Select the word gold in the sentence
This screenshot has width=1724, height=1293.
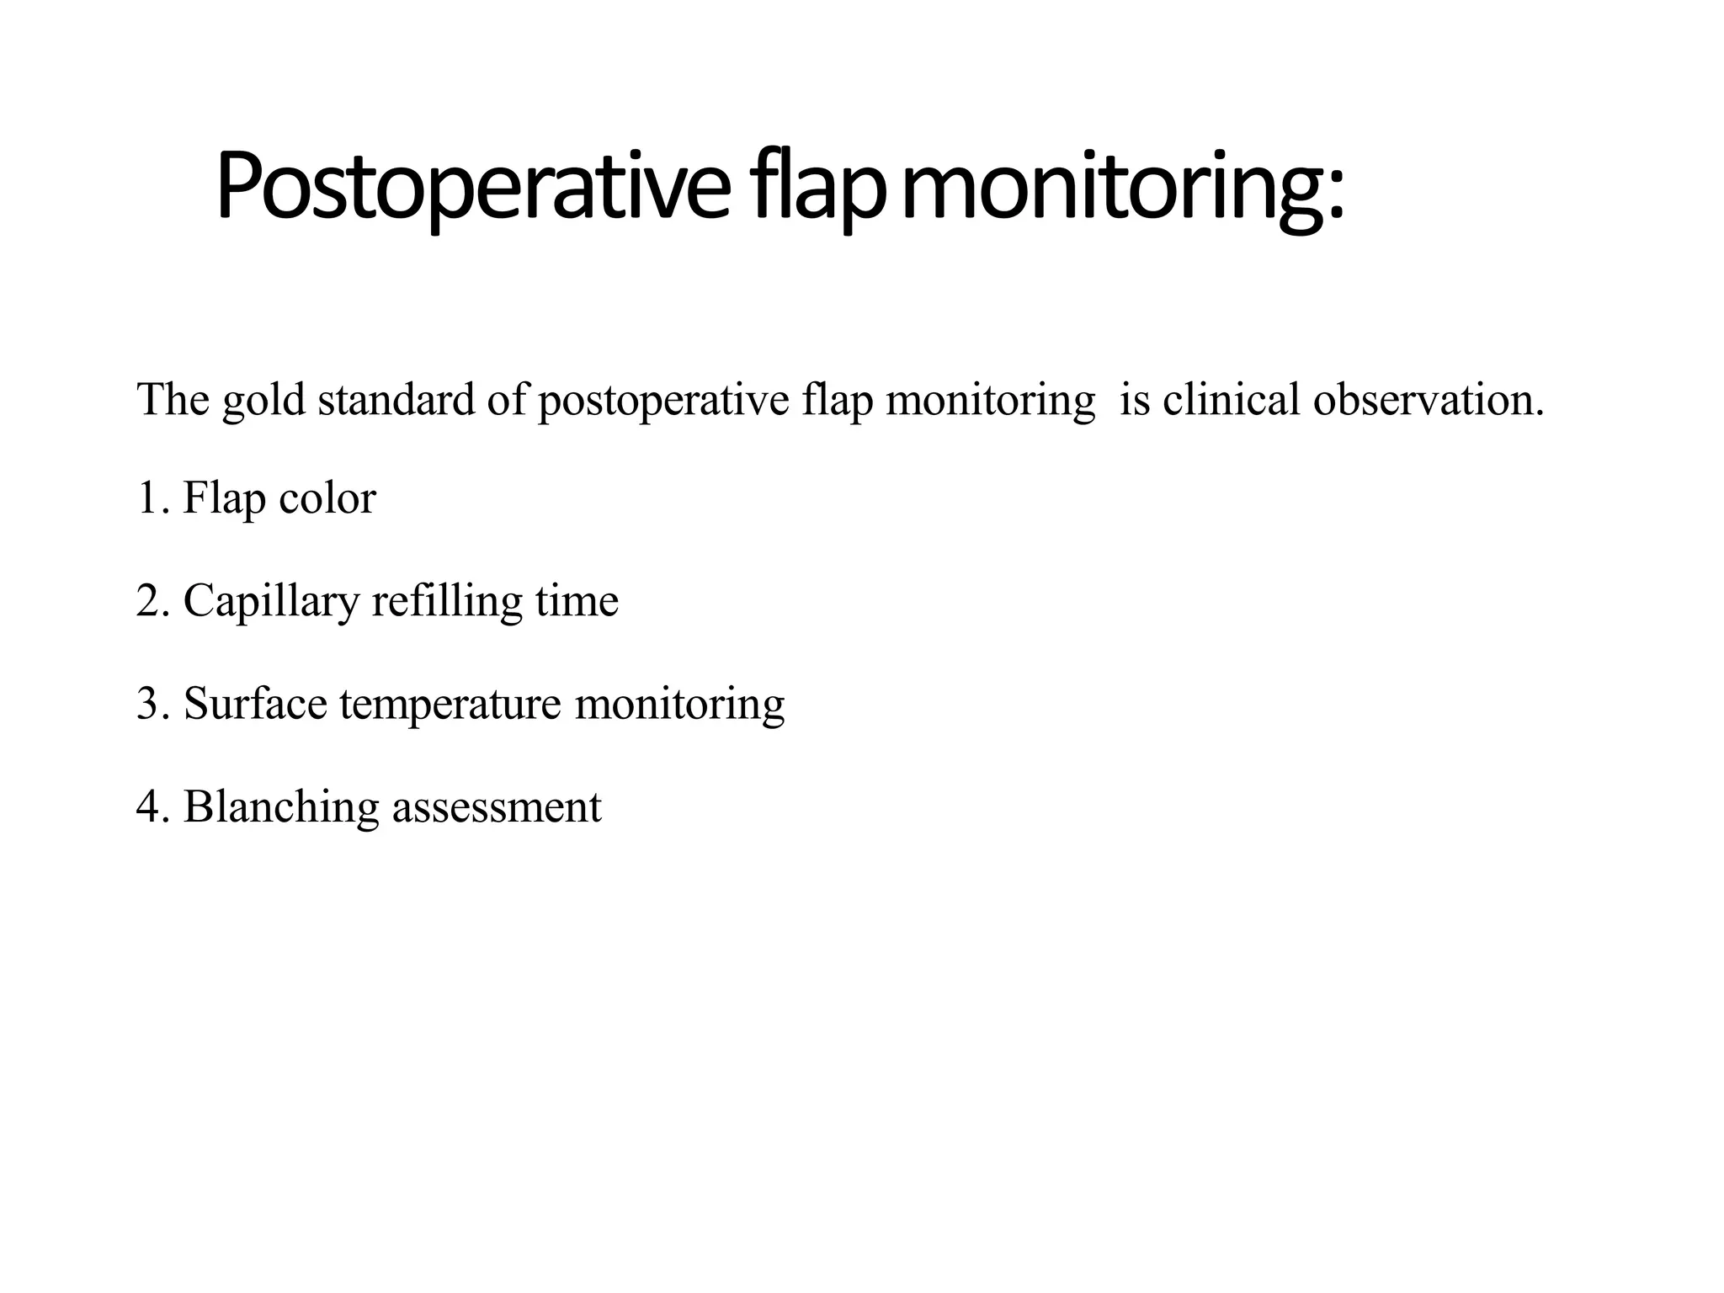point(263,400)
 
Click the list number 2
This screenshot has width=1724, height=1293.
point(152,601)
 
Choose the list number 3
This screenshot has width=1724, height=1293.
point(152,704)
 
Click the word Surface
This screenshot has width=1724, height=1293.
point(255,704)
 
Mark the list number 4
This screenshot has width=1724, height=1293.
point(152,806)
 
